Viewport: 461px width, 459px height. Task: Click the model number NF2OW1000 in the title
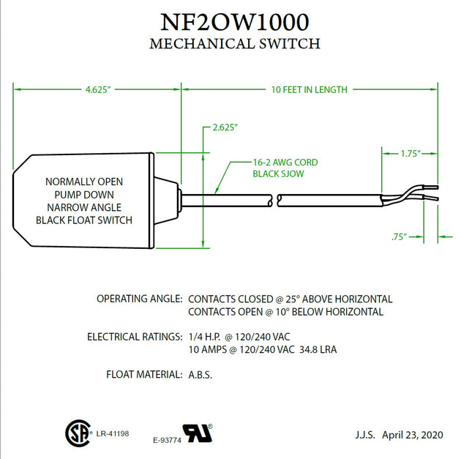pyautogui.click(x=234, y=20)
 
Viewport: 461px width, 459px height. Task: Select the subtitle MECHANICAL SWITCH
pyautogui.click(x=234, y=43)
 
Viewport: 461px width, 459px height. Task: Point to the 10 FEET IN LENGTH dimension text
pyautogui.click(x=309, y=89)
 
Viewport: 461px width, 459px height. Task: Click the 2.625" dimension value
pyautogui.click(x=225, y=127)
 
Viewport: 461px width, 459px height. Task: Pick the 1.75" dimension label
pyautogui.click(x=409, y=154)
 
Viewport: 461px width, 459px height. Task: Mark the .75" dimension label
pyautogui.click(x=399, y=236)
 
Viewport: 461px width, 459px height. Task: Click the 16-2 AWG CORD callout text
pyautogui.click(x=285, y=163)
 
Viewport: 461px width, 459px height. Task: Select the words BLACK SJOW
pyautogui.click(x=277, y=174)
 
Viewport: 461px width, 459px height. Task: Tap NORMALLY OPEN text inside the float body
pyautogui.click(x=84, y=181)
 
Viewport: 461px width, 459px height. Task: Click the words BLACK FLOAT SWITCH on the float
pyautogui.click(x=84, y=220)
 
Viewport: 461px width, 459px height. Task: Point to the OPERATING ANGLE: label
pyautogui.click(x=139, y=299)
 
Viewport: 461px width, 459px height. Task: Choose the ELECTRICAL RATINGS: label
pyautogui.click(x=135, y=337)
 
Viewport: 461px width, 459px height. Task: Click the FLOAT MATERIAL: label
pyautogui.click(x=144, y=374)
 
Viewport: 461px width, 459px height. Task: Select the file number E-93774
pyautogui.click(x=167, y=440)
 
